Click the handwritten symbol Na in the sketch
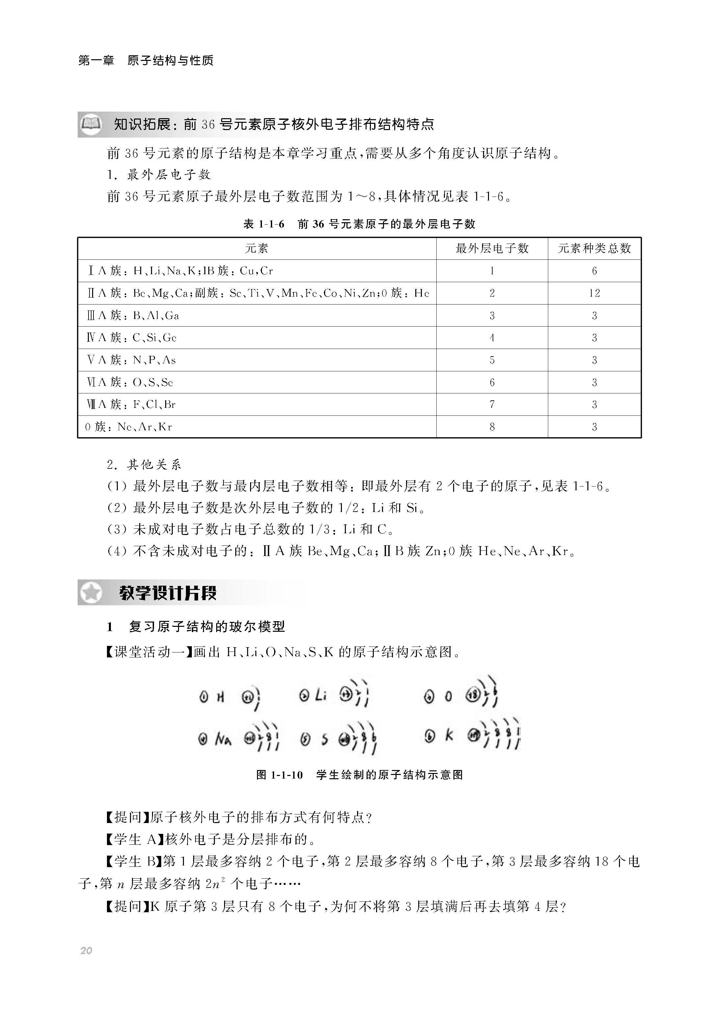[x=223, y=738]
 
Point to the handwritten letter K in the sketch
[x=449, y=735]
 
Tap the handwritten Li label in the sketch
[x=320, y=696]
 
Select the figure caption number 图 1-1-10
[x=279, y=775]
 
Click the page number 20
[x=86, y=950]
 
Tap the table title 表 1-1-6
[x=264, y=224]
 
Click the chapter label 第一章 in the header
[x=96, y=61]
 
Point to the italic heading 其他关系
[x=154, y=465]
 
